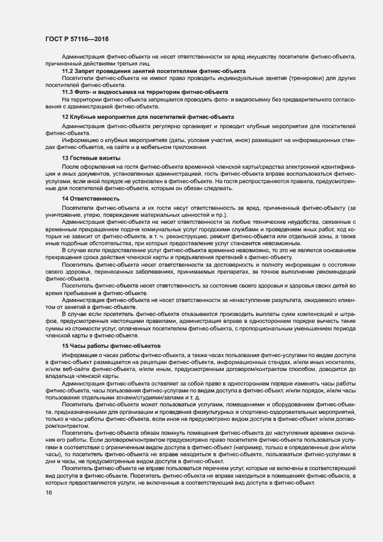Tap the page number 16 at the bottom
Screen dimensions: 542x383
click(48, 493)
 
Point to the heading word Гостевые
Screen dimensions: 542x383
click(89, 158)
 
